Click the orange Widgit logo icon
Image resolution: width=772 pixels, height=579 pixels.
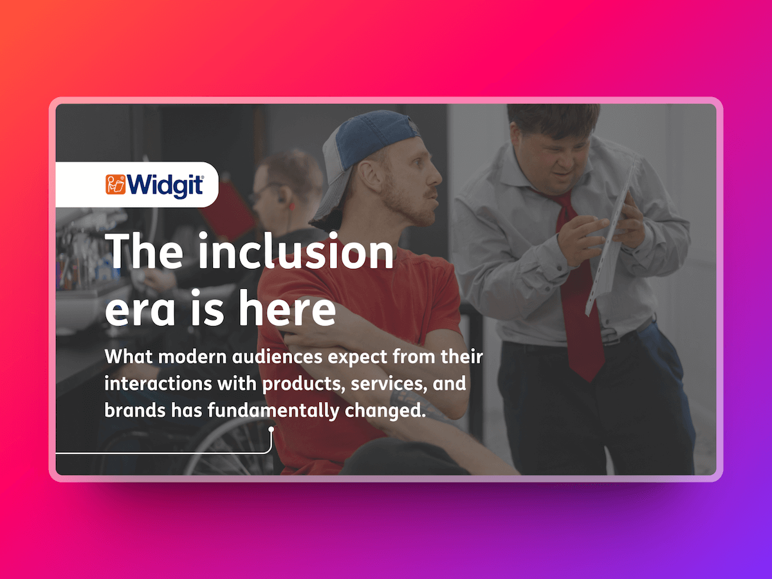116,185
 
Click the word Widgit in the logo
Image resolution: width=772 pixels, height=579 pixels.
165,185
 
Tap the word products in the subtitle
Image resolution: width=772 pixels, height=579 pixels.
294,384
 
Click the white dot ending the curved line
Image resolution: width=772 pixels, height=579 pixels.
271,429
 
